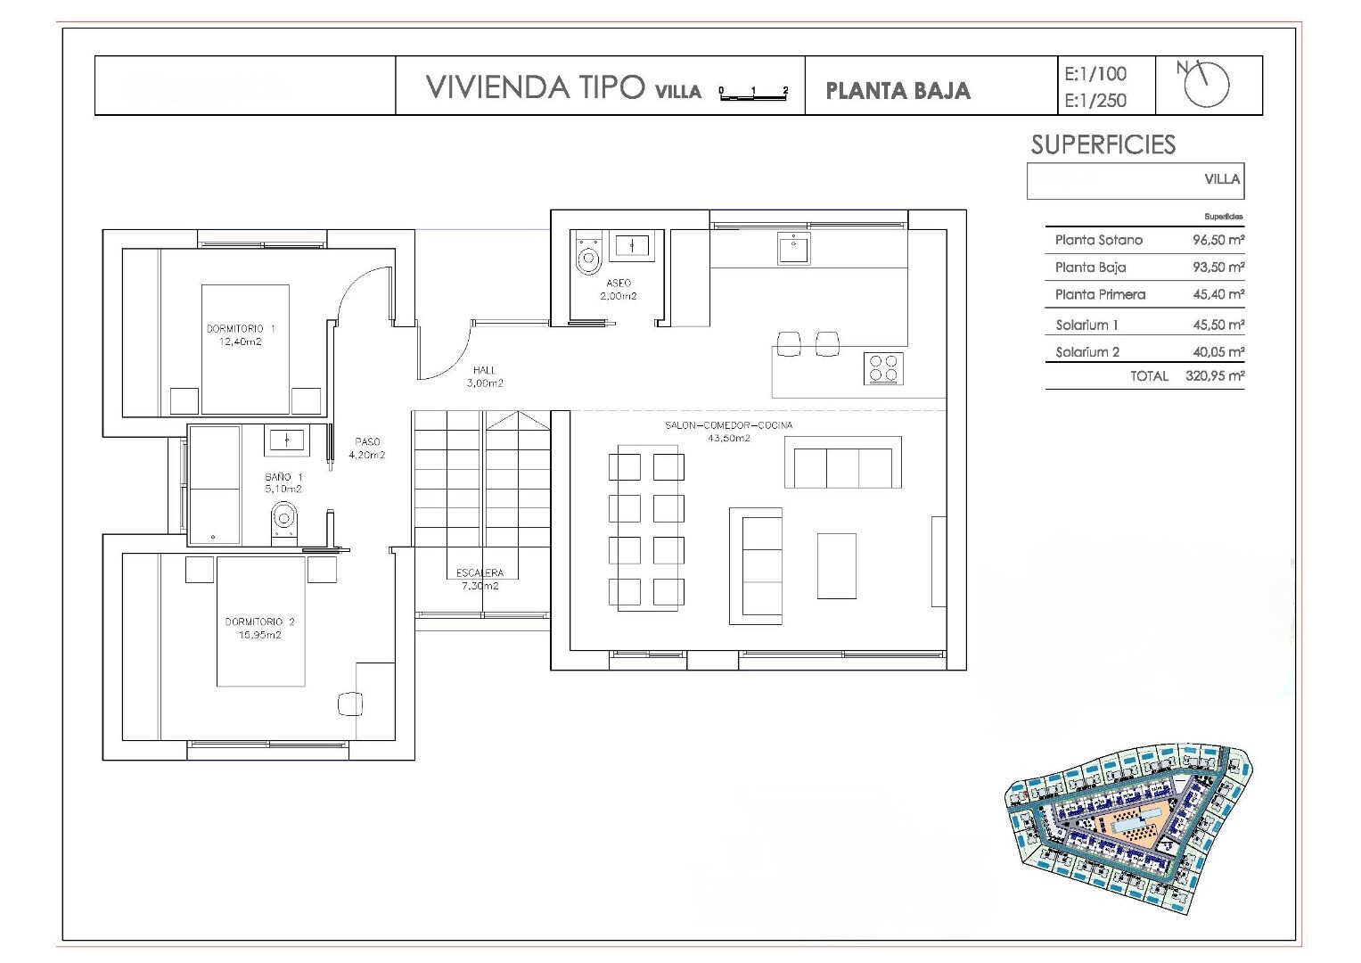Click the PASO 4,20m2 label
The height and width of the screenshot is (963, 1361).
click(367, 448)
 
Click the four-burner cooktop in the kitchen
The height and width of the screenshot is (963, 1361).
click(883, 367)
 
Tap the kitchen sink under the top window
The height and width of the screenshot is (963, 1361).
click(793, 249)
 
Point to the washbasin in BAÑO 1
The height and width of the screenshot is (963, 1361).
click(286, 440)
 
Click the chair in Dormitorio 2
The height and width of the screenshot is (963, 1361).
click(350, 704)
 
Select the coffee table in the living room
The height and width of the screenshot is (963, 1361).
click(837, 566)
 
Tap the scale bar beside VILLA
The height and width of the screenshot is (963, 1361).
click(753, 93)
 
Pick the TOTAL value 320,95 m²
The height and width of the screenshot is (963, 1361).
click(1215, 375)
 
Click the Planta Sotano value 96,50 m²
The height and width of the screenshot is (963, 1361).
click(1218, 240)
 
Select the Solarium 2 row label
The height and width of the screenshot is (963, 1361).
click(1087, 352)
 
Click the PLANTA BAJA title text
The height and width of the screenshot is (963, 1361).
click(898, 91)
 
